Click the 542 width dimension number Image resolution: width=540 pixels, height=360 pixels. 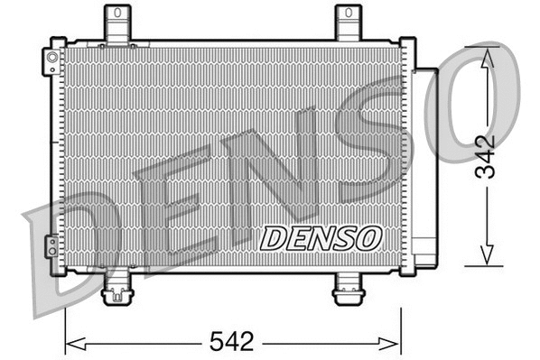coord(233,342)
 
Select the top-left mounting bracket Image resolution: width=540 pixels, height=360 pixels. coord(117,22)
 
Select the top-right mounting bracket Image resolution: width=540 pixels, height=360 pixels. coord(348,22)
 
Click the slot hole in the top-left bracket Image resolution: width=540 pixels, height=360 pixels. coord(117,16)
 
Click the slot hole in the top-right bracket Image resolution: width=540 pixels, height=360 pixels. coord(348,16)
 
